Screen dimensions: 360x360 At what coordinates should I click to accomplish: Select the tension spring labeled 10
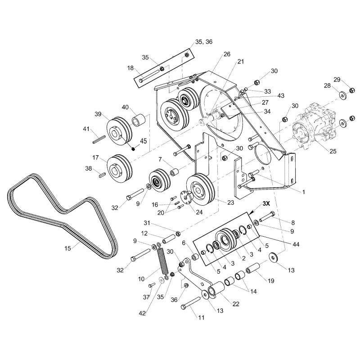[162, 261]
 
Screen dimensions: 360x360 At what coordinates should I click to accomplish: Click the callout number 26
[227, 54]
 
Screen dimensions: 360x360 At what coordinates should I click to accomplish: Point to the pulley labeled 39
[119, 131]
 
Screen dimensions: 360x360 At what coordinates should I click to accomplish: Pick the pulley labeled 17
[120, 168]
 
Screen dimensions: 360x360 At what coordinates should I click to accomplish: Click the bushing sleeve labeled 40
[139, 119]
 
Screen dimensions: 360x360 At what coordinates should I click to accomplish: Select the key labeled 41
[99, 139]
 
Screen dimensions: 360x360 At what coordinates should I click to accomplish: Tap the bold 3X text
[266, 203]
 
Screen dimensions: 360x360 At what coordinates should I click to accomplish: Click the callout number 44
[296, 244]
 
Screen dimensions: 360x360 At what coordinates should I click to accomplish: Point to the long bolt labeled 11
[191, 303]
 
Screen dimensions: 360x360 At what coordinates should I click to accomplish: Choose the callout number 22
[236, 304]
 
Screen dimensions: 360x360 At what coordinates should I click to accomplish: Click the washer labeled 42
[162, 280]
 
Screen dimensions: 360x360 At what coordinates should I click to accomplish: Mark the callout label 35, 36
[204, 42]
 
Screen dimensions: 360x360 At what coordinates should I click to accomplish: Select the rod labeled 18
[149, 76]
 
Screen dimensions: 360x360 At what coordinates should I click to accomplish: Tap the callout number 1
[303, 192]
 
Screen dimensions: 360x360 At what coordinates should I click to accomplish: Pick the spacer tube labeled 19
[253, 268]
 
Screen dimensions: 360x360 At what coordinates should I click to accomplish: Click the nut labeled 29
[351, 90]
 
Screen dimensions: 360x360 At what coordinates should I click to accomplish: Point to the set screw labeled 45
[133, 149]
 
